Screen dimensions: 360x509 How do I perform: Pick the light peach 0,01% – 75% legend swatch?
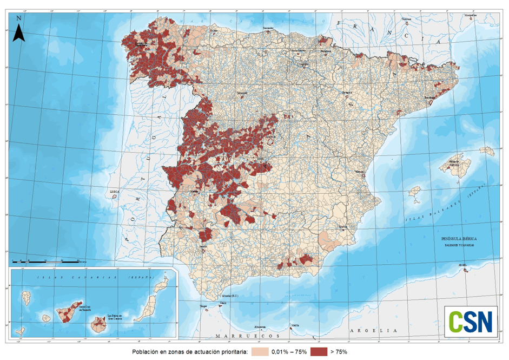(x=261, y=352)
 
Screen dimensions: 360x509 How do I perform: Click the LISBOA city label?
(x=114, y=191)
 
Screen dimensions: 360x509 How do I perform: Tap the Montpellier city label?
(x=471, y=16)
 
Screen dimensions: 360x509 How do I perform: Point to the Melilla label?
(x=295, y=325)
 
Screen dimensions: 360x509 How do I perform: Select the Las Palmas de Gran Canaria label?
(x=115, y=317)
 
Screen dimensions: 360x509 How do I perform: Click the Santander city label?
(x=269, y=28)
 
